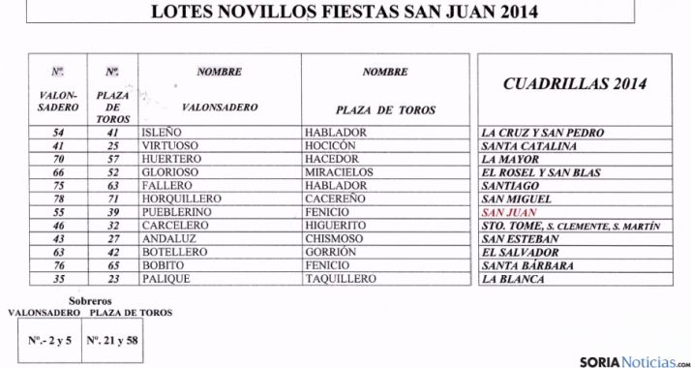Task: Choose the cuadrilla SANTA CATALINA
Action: [531, 145]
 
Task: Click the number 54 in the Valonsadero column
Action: [59, 132]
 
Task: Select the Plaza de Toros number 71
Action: [113, 199]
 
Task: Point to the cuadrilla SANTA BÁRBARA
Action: [527, 265]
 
